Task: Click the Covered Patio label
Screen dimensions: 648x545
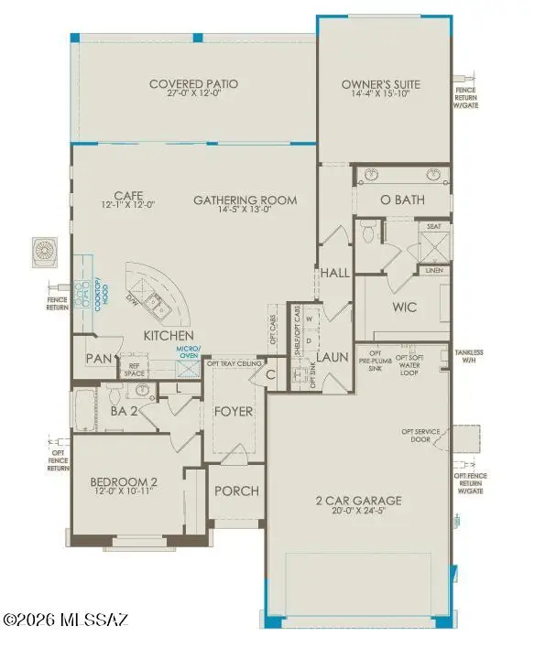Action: point(193,85)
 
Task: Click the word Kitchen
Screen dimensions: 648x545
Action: point(166,337)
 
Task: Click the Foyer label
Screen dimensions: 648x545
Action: point(234,411)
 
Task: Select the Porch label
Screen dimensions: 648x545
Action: point(236,491)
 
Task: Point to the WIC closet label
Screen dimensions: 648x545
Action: point(407,308)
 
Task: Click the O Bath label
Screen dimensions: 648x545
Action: point(403,200)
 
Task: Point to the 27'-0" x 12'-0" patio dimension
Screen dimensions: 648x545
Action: point(193,96)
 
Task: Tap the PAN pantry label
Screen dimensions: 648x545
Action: point(97,359)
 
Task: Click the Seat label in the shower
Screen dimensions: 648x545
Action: point(433,227)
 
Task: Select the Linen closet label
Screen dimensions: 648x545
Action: point(433,270)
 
